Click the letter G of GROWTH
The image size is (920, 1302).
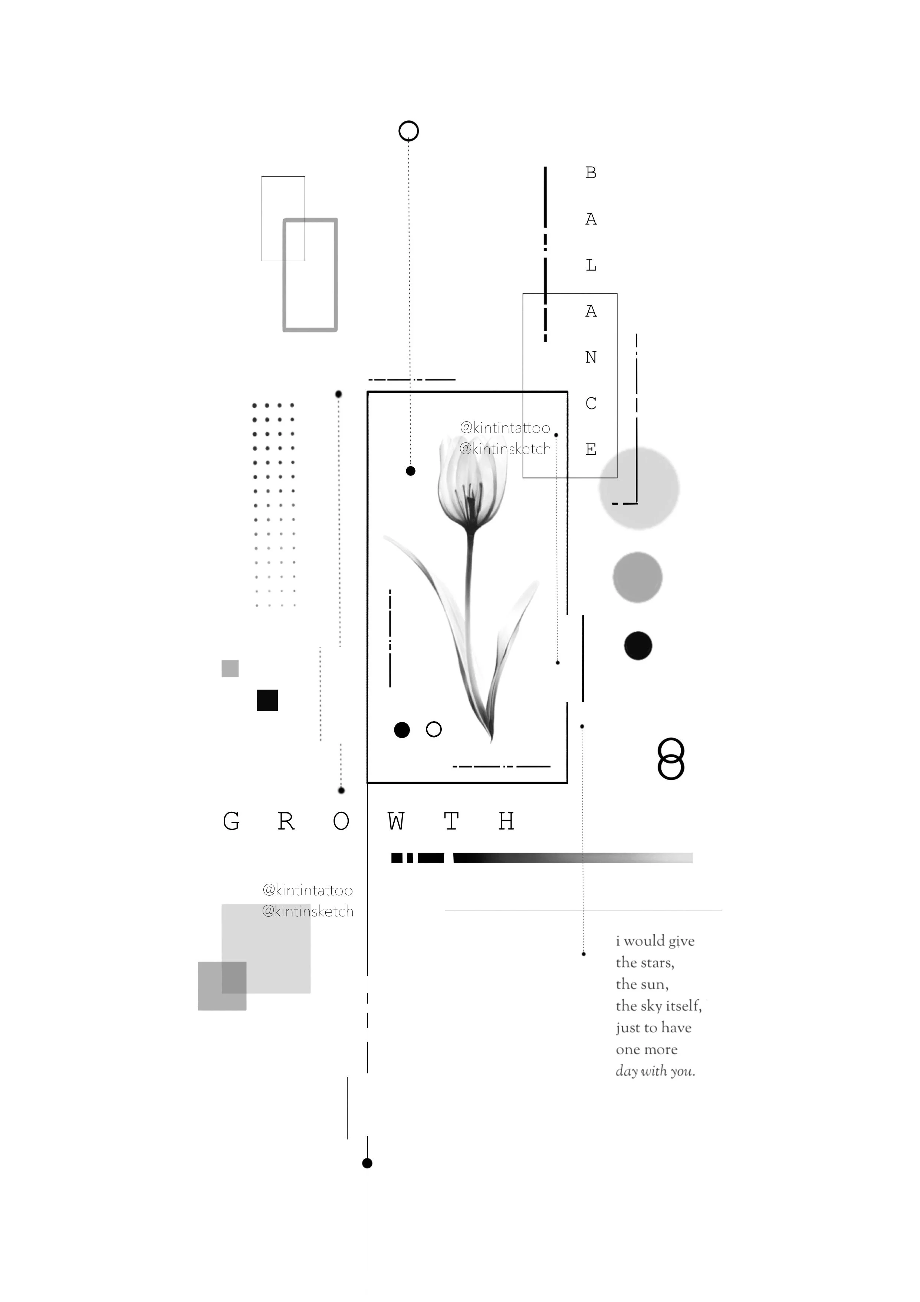231,821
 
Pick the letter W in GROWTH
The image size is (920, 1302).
396,821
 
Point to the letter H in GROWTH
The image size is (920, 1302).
506,821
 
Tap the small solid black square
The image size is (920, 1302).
267,700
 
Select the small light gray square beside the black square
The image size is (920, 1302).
230,668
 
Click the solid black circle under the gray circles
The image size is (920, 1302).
638,645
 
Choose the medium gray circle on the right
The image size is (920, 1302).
638,577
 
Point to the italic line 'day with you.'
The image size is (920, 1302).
655,1071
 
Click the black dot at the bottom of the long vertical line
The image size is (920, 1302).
367,1164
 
